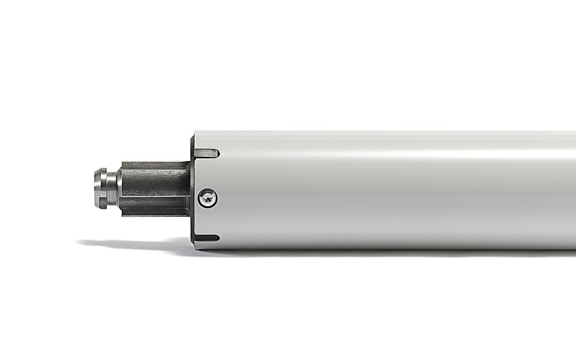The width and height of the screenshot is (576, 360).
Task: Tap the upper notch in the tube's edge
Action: click(x=206, y=153)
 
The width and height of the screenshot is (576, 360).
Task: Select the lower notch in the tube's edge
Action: click(x=207, y=237)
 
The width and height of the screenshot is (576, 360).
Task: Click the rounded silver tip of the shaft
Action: click(x=102, y=189)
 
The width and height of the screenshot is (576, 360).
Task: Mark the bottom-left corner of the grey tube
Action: click(x=196, y=247)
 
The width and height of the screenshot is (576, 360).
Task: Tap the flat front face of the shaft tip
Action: click(x=96, y=189)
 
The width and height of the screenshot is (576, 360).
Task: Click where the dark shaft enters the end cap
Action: click(x=189, y=190)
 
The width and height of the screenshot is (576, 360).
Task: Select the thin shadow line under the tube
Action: click(x=393, y=251)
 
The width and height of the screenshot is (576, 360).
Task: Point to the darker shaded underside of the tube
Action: click(x=393, y=239)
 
